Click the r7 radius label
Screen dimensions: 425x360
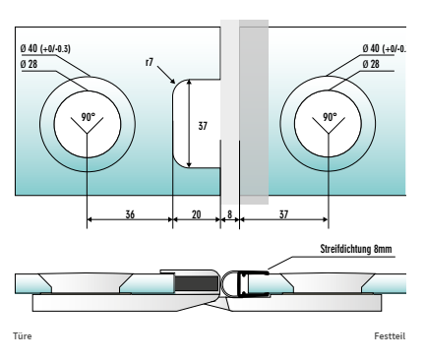[x=150, y=62]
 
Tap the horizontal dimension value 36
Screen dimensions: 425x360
[x=130, y=214]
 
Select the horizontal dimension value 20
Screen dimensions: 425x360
[x=196, y=214]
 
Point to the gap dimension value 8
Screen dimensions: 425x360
[x=229, y=214]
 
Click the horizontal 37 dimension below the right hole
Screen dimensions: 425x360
[x=283, y=214]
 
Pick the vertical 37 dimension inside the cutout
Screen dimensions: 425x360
[x=203, y=126]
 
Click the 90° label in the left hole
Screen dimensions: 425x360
[x=89, y=117]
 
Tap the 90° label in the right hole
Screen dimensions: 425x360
[x=330, y=117]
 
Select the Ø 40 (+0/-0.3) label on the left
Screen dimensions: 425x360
[x=45, y=48]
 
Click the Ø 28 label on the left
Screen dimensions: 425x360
[x=29, y=64]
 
